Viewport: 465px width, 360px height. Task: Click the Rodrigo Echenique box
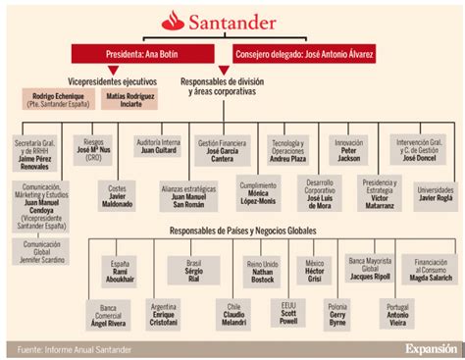click(x=58, y=98)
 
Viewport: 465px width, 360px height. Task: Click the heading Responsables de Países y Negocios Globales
click(x=228, y=230)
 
